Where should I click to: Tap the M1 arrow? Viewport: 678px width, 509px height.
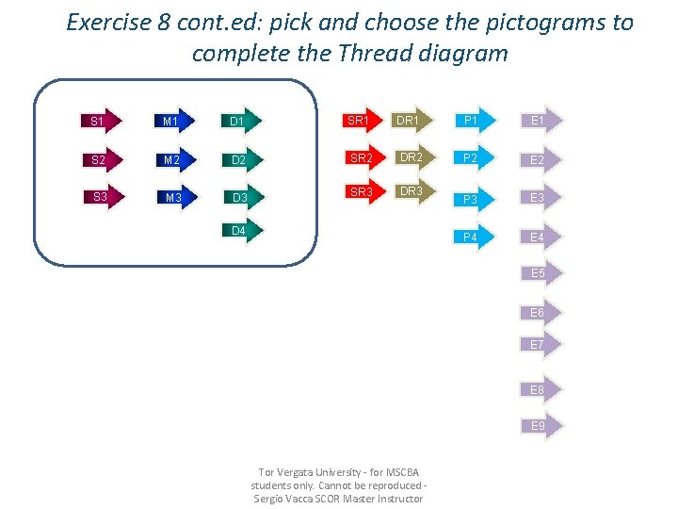coord(171,121)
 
